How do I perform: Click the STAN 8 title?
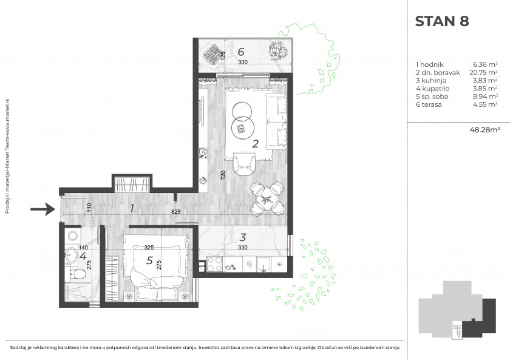pyautogui.click(x=442, y=21)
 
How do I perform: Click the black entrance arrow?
pyautogui.click(x=43, y=209)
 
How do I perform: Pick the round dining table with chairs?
pyautogui.click(x=268, y=199)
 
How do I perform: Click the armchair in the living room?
pyautogui.click(x=244, y=165)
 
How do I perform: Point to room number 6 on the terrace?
pyautogui.click(x=241, y=52)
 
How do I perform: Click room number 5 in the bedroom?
pyautogui.click(x=149, y=260)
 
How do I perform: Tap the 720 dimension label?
pyautogui.click(x=223, y=175)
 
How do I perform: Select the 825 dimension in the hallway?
pyautogui.click(x=175, y=212)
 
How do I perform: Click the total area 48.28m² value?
pyautogui.click(x=484, y=130)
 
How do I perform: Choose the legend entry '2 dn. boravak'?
pyautogui.click(x=438, y=72)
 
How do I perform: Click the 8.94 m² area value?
pyautogui.click(x=485, y=97)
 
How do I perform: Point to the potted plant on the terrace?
pyautogui.click(x=279, y=51)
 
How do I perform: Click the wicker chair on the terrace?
pyautogui.click(x=212, y=53)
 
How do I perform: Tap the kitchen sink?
pyautogui.click(x=264, y=265)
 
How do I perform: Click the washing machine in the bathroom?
pyautogui.click(x=73, y=236)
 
